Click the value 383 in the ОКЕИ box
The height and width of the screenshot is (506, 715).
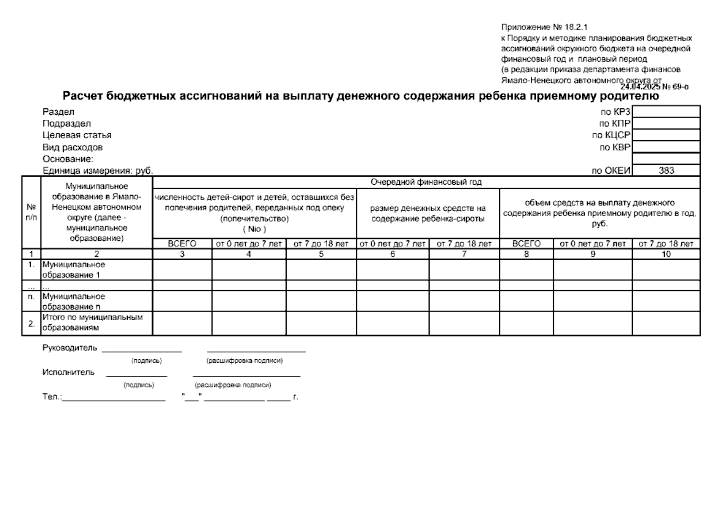[x=666, y=171]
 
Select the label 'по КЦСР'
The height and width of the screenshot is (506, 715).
[x=611, y=135]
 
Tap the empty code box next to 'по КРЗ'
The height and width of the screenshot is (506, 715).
[x=666, y=112]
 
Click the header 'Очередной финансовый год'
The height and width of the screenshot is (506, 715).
[x=426, y=182]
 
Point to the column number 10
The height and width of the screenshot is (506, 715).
[x=666, y=254]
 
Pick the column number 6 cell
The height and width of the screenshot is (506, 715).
[x=392, y=254]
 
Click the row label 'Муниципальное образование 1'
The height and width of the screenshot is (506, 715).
[x=74, y=270]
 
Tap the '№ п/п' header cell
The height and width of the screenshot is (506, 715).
[x=31, y=212]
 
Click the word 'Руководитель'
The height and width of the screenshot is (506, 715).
[x=70, y=348]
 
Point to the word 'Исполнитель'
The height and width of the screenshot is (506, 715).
[x=68, y=373]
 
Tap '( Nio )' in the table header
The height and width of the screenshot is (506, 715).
[x=254, y=229]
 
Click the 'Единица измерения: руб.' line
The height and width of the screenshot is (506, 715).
[x=98, y=171]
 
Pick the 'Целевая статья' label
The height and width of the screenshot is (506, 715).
[x=77, y=135]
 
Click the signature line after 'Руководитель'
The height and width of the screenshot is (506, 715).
[x=142, y=350]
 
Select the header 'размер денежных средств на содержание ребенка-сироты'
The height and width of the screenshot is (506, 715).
[x=427, y=213]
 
